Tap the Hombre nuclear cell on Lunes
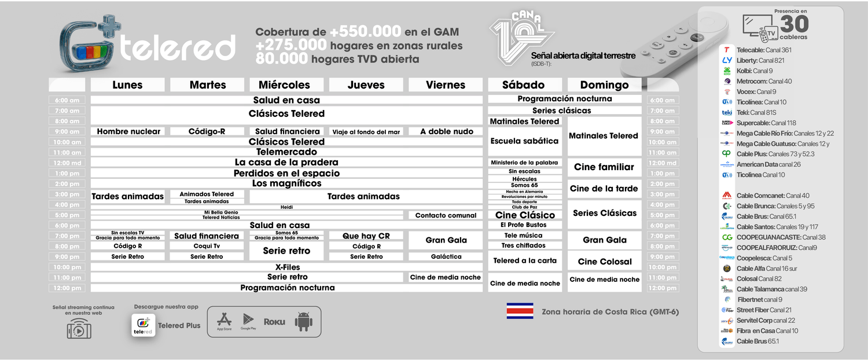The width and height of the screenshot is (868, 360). pyautogui.click(x=128, y=131)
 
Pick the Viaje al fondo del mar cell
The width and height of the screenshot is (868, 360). pyautogui.click(x=366, y=131)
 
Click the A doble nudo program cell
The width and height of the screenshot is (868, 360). pyautogui.click(x=446, y=131)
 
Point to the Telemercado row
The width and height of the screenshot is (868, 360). pyautogui.click(x=286, y=152)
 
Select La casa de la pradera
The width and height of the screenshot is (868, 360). pyautogui.click(x=286, y=163)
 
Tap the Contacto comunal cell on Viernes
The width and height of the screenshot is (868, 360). pyautogui.click(x=446, y=215)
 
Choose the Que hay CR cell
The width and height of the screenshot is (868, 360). pyautogui.click(x=366, y=236)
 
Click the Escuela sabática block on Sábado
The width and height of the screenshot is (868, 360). pyautogui.click(x=524, y=141)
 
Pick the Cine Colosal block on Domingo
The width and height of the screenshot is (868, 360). pyautogui.click(x=605, y=262)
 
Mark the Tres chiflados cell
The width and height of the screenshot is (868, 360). pyautogui.click(x=524, y=245)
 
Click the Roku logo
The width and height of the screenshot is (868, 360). pyautogui.click(x=274, y=322)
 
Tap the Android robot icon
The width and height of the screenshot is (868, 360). pyautogui.click(x=303, y=322)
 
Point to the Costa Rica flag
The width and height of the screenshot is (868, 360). pyautogui.click(x=520, y=311)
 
